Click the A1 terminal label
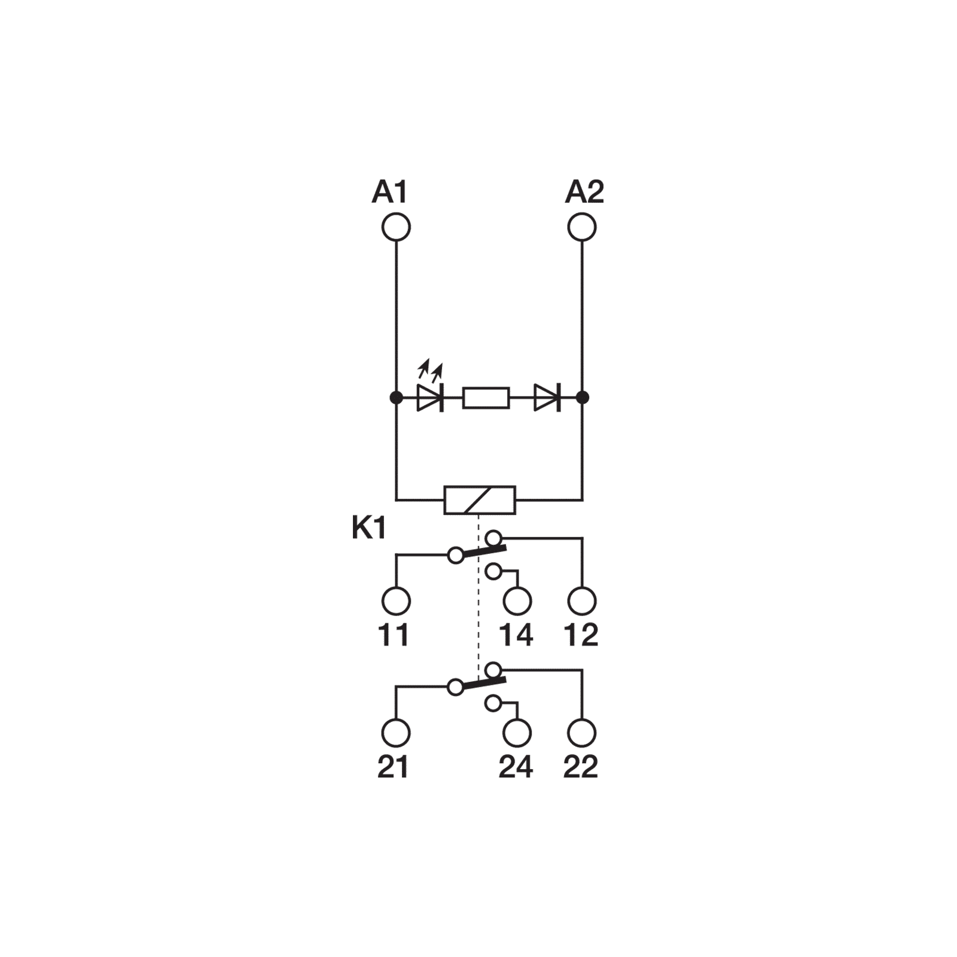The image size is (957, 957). pos(389,193)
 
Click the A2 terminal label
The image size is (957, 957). pos(584,193)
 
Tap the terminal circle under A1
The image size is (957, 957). pos(396,227)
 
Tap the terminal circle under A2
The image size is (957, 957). pos(582,227)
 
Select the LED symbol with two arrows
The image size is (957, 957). pos(430,389)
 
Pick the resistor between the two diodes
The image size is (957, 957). pos(486,398)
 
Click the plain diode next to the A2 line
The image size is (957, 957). pos(547,398)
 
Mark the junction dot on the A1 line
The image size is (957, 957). pos(396,397)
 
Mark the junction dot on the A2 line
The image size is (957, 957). pos(582,397)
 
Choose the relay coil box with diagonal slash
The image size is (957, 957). pos(480,500)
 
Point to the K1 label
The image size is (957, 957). pos(369,529)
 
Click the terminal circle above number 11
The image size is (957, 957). pos(396,601)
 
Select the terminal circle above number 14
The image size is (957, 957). pos(517,601)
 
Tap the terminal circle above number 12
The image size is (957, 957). pos(582,601)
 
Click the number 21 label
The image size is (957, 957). pos(393,767)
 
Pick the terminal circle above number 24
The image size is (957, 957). pos(517,733)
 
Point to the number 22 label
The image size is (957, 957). pos(581,767)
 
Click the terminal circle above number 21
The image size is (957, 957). pos(396,733)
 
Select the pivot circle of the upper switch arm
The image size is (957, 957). pos(456,556)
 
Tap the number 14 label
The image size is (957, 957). pos(516,635)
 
